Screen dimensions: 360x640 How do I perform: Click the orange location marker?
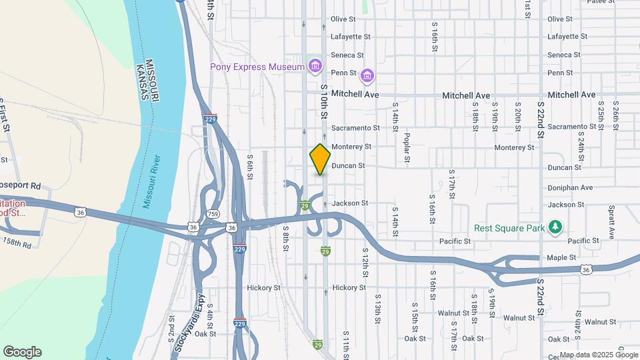[x=320, y=159]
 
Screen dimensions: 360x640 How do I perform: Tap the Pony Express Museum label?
[x=257, y=67]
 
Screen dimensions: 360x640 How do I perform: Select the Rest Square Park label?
[x=507, y=228]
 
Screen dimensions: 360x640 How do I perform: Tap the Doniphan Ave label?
[x=570, y=188]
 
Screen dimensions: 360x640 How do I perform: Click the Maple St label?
[x=561, y=258]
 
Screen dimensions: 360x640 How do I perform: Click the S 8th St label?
[x=285, y=237]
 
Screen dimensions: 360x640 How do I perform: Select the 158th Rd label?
[x=17, y=243]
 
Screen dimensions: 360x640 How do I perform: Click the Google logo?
[x=22, y=352]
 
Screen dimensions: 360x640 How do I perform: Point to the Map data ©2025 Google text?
[x=599, y=355]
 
